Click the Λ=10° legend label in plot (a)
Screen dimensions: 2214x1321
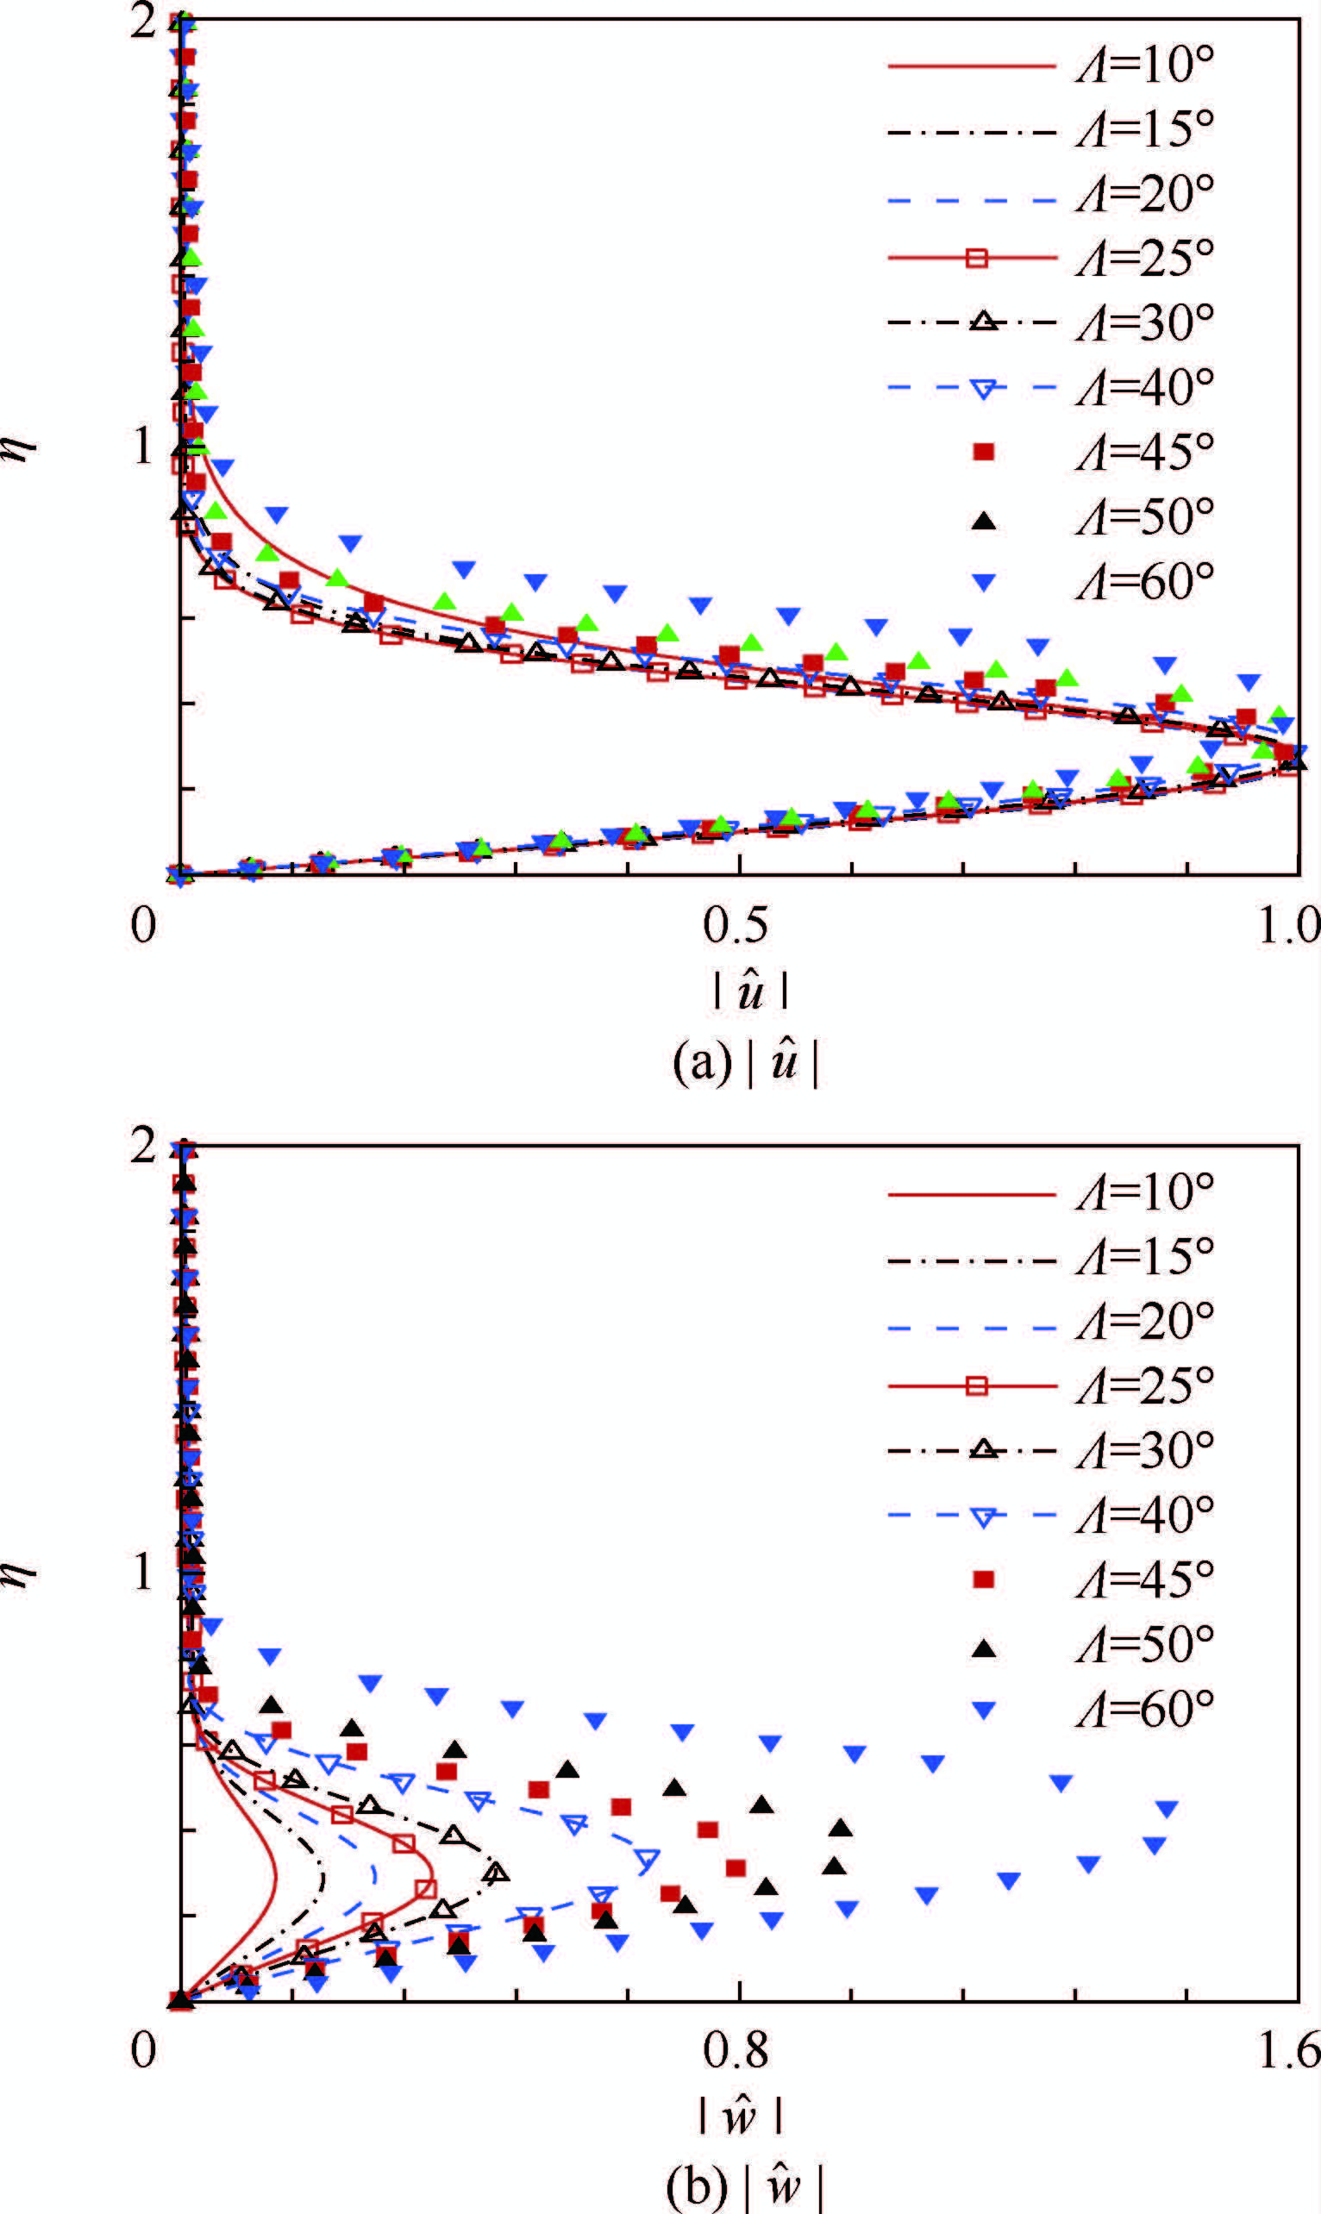coord(1145,66)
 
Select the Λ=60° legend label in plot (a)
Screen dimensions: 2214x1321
coord(1145,582)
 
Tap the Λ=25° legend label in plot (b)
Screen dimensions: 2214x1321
coord(1145,1385)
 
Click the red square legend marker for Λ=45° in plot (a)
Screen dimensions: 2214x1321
coord(983,452)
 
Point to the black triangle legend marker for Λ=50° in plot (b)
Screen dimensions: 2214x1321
coord(983,1648)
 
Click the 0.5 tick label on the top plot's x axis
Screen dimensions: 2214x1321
coord(736,925)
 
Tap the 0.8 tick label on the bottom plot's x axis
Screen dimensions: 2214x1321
coord(736,2050)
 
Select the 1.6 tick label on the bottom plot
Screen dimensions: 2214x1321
coord(1289,2050)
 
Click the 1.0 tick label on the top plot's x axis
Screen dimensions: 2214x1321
coord(1289,925)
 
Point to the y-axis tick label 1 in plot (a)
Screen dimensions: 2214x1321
coord(143,447)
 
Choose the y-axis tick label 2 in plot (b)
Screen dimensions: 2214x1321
coord(143,1146)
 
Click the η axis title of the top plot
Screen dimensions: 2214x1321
coord(22,447)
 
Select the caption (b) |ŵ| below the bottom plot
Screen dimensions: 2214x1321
coord(746,2186)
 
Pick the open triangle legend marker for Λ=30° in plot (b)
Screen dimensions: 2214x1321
coord(983,1449)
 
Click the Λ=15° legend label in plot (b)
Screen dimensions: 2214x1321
coord(1145,1256)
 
